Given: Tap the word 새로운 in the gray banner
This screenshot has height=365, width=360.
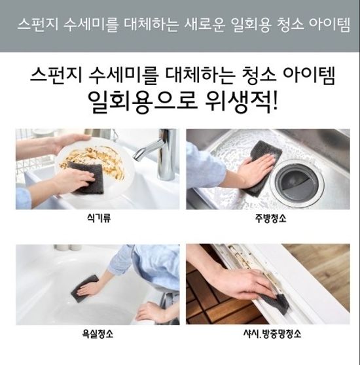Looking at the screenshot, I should (x=190, y=27).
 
